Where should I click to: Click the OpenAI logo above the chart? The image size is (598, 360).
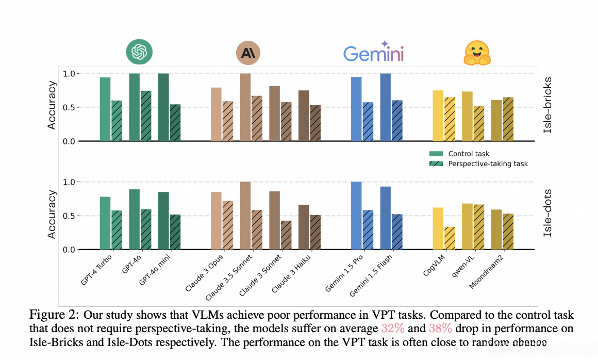coord(140,52)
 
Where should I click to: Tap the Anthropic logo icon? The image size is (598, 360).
coord(248,53)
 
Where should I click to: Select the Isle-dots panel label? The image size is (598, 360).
coord(548,215)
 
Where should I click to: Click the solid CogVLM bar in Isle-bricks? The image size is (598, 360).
coord(438,116)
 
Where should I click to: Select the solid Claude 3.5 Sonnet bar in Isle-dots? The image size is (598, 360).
coord(245,216)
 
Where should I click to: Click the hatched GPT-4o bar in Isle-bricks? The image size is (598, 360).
coord(146,116)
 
